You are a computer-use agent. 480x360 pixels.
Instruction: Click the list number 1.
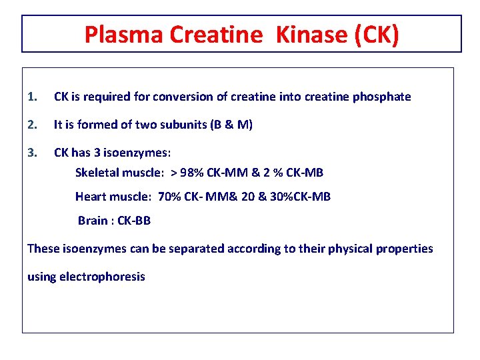(x=31, y=97)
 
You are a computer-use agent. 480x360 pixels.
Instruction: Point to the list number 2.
(x=31, y=125)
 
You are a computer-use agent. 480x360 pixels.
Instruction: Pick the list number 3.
(x=31, y=153)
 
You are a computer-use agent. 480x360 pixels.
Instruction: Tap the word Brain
(x=93, y=221)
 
